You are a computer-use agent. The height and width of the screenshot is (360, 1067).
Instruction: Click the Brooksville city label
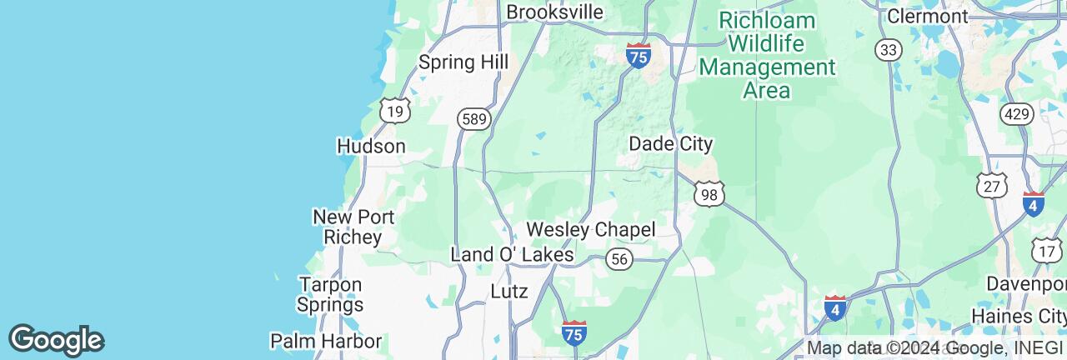(x=554, y=12)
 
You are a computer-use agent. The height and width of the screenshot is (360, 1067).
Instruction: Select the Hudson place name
(x=371, y=147)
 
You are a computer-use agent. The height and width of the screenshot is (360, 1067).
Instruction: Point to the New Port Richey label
(x=347, y=227)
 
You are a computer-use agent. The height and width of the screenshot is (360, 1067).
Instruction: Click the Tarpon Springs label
(x=330, y=294)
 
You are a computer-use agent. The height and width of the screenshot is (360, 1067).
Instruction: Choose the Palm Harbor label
(x=326, y=341)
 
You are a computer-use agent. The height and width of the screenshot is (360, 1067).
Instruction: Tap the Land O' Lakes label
(x=512, y=254)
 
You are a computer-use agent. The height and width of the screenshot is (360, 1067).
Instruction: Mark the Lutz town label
(x=509, y=292)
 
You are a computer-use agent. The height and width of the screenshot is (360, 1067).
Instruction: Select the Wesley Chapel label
(x=591, y=229)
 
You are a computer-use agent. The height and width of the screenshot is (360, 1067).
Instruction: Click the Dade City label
(x=670, y=144)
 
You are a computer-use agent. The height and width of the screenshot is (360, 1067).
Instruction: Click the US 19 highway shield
(x=393, y=111)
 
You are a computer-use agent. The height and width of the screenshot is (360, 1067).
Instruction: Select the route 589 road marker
(x=473, y=120)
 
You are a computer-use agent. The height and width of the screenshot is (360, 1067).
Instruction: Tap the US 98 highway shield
(x=709, y=194)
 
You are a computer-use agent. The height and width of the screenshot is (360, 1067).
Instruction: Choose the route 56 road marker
(x=619, y=259)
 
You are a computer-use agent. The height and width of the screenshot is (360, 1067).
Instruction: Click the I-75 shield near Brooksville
(x=639, y=56)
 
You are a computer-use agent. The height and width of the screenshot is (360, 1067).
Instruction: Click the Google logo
(x=56, y=340)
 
